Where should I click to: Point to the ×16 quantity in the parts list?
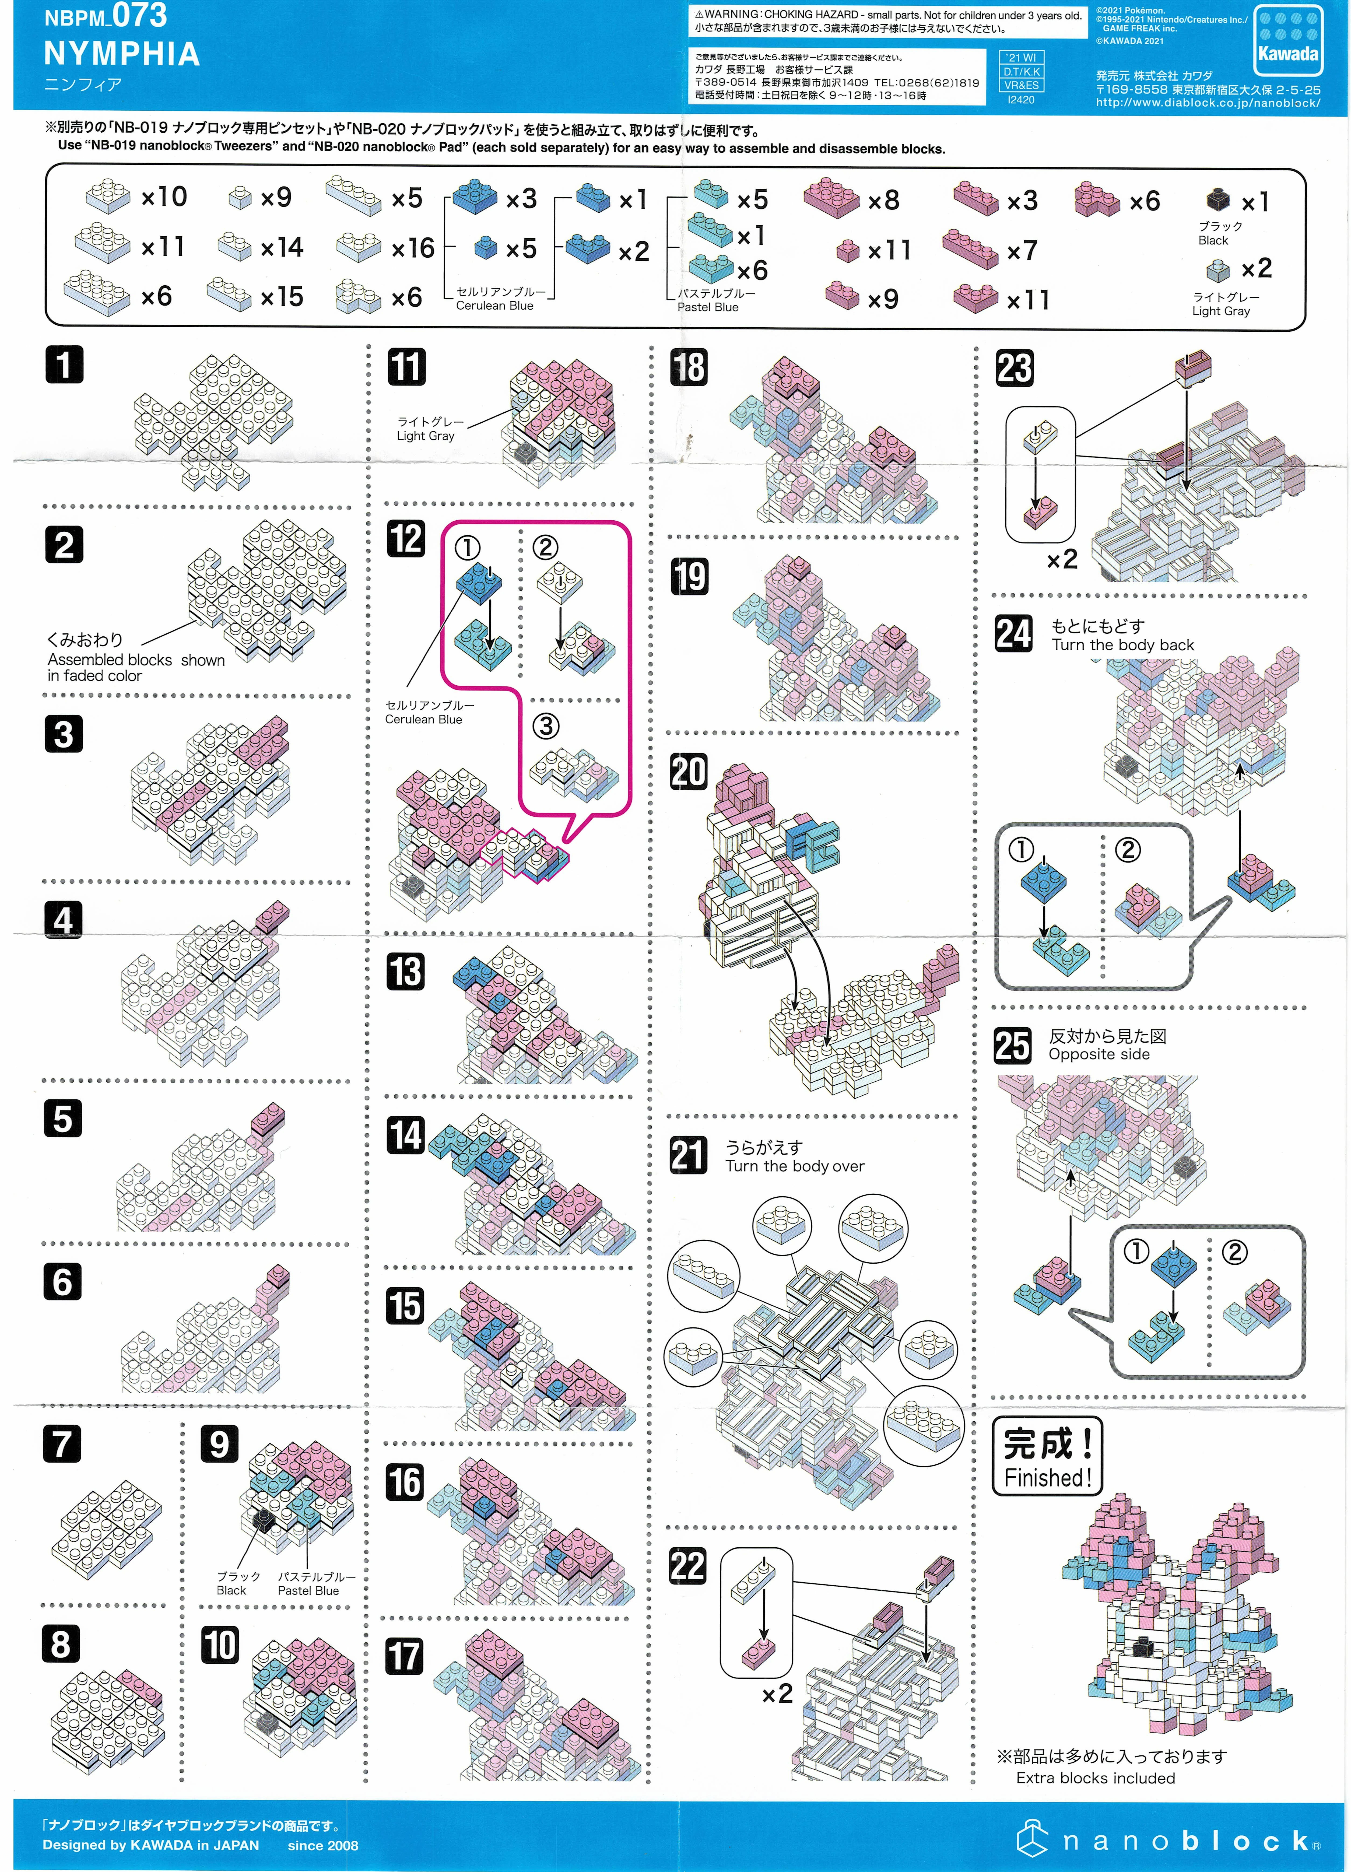[x=413, y=248]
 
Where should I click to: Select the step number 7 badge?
[x=62, y=1445]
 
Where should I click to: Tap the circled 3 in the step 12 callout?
[x=546, y=726]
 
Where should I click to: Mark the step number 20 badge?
[x=688, y=772]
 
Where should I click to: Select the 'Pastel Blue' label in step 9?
[x=308, y=1590]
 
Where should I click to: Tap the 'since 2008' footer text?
[x=323, y=1846]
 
